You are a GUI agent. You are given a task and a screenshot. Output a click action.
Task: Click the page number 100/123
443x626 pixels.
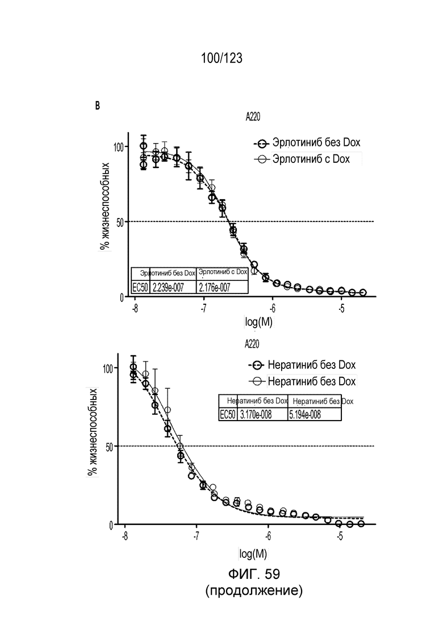pyautogui.click(x=221, y=58)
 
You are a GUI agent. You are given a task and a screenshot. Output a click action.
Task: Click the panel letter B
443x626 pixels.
pyautogui.click(x=97, y=106)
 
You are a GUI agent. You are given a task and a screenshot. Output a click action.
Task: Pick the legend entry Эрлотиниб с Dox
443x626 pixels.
pyautogui.click(x=311, y=159)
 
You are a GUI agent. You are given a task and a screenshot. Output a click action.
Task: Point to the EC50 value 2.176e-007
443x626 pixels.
pyautogui.click(x=214, y=287)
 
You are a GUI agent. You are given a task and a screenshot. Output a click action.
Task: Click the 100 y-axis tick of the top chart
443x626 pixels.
pyautogui.click(x=118, y=147)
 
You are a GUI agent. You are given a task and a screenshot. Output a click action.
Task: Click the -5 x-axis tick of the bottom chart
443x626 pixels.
pyautogui.click(x=339, y=536)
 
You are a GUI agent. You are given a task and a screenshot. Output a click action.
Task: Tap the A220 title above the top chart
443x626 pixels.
pyautogui.click(x=253, y=117)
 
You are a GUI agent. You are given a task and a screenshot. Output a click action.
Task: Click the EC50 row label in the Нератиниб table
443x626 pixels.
pyautogui.click(x=227, y=414)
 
